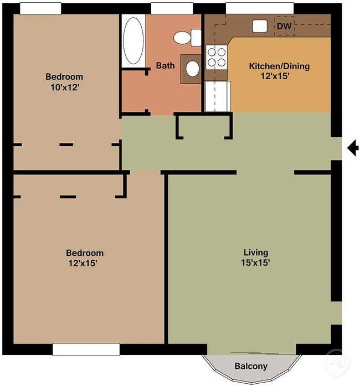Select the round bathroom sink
(192, 69)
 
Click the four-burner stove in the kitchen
(217, 56)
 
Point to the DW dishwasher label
(284, 26)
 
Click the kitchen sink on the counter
(260, 25)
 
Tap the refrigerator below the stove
(217, 96)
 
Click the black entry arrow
(352, 148)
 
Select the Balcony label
(251, 366)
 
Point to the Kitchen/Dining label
(279, 66)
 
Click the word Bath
(165, 65)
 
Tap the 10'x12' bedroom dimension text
(64, 87)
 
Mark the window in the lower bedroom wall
(86, 349)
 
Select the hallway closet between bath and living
(204, 126)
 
